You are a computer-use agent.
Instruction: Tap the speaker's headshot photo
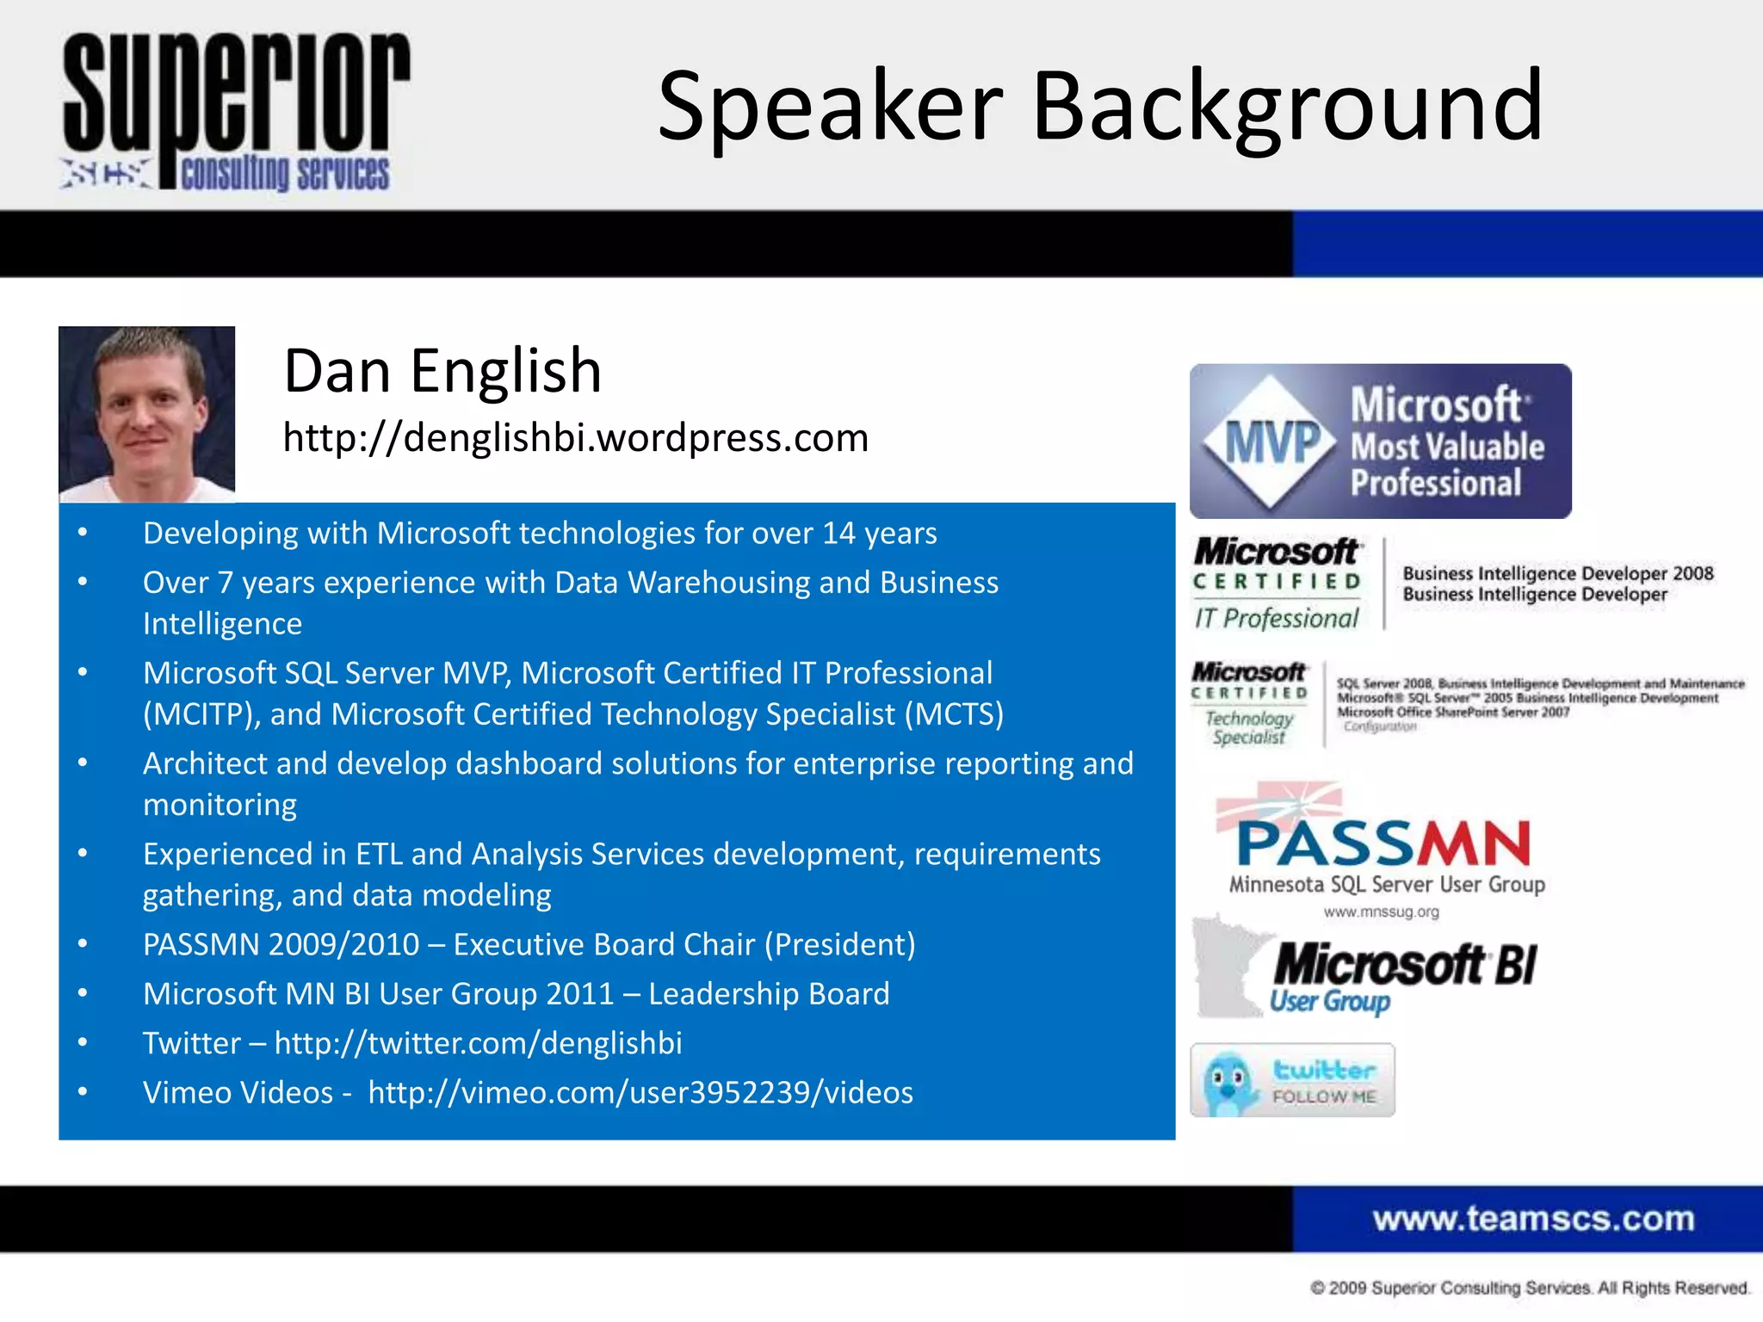tap(146, 414)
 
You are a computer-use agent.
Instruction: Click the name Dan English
tap(442, 371)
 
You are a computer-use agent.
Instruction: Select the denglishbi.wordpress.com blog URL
tap(575, 437)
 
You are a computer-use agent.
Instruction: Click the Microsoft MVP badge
tap(1380, 442)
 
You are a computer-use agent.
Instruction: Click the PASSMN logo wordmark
tap(1383, 843)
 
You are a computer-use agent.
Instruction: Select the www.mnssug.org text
tap(1381, 912)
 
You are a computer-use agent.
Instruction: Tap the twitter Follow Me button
tap(1292, 1081)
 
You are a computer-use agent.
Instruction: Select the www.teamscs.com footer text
tap(1533, 1219)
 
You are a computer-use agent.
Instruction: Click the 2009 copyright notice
tap(1529, 1288)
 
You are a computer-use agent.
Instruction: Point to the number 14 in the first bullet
tap(838, 534)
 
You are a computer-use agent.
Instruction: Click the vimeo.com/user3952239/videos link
tap(640, 1092)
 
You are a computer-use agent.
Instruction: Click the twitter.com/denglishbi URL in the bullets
tap(478, 1043)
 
